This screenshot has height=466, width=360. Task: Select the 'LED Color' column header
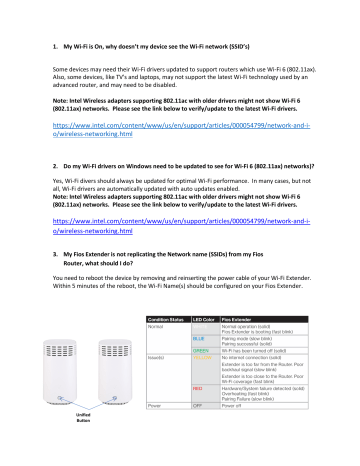click(203, 348)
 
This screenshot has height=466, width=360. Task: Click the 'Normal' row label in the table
click(155, 355)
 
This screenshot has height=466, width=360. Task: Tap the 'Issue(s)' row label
click(156, 386)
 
